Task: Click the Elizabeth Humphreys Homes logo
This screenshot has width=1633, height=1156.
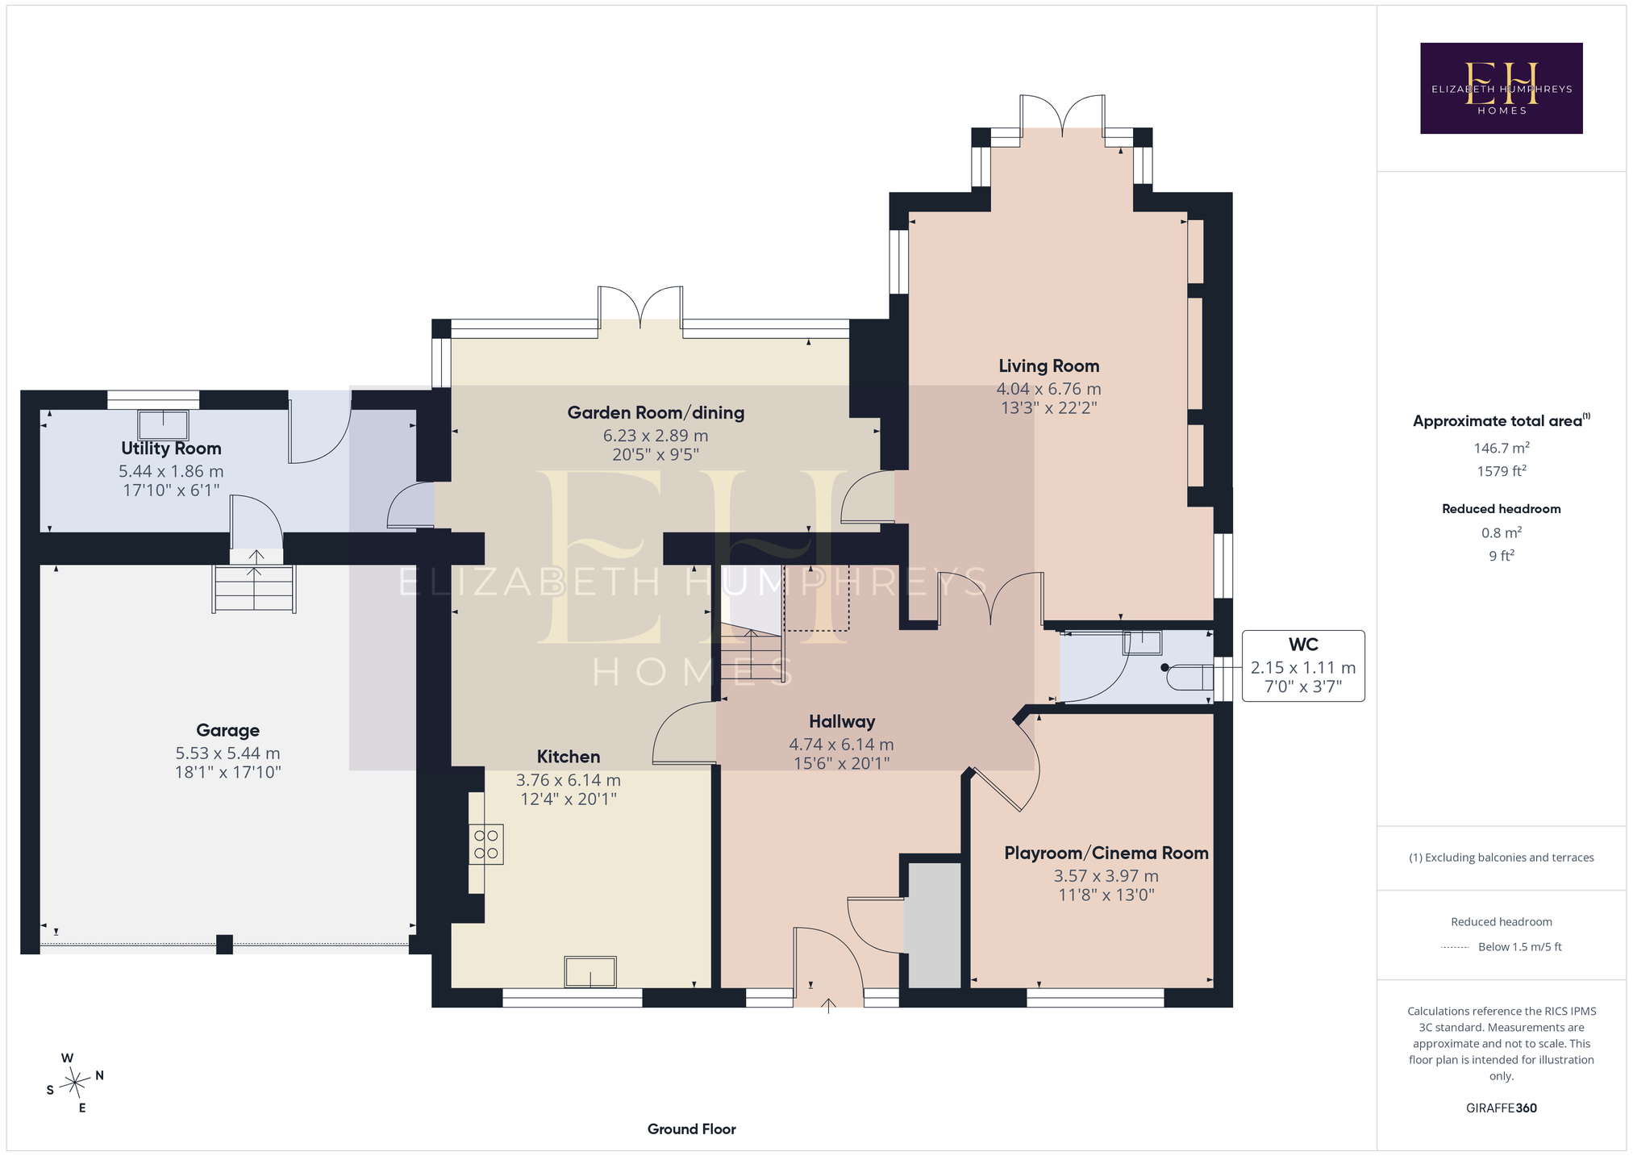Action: pyautogui.click(x=1501, y=88)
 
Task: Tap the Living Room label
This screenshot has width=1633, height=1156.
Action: pyautogui.click(x=1048, y=366)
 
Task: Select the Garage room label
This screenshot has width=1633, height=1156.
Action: pyautogui.click(x=228, y=731)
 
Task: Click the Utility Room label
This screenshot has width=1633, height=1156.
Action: pyautogui.click(x=171, y=449)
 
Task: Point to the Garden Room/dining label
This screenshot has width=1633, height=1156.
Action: pyautogui.click(x=656, y=413)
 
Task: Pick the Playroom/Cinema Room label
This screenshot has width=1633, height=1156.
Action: pyautogui.click(x=1106, y=853)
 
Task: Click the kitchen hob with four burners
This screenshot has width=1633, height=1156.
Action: pyautogui.click(x=486, y=844)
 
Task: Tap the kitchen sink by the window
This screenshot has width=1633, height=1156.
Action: pyautogui.click(x=590, y=972)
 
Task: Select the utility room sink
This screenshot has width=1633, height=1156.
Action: pyautogui.click(x=164, y=424)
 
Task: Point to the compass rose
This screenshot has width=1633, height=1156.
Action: pyautogui.click(x=75, y=1082)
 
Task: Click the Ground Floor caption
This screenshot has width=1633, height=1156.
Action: pyautogui.click(x=692, y=1129)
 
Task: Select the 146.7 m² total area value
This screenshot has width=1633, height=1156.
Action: pyautogui.click(x=1502, y=448)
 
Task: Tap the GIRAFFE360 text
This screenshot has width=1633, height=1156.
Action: pyautogui.click(x=1502, y=1108)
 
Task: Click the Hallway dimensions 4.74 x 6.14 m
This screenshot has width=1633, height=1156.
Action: pyautogui.click(x=841, y=745)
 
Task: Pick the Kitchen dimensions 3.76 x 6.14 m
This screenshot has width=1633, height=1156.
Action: pyautogui.click(x=569, y=780)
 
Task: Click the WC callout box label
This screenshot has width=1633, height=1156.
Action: pyautogui.click(x=1303, y=645)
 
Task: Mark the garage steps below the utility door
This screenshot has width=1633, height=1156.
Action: pyautogui.click(x=254, y=589)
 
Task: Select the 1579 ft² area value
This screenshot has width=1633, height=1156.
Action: pyautogui.click(x=1502, y=471)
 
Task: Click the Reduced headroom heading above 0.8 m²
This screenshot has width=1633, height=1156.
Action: pyautogui.click(x=1502, y=509)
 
